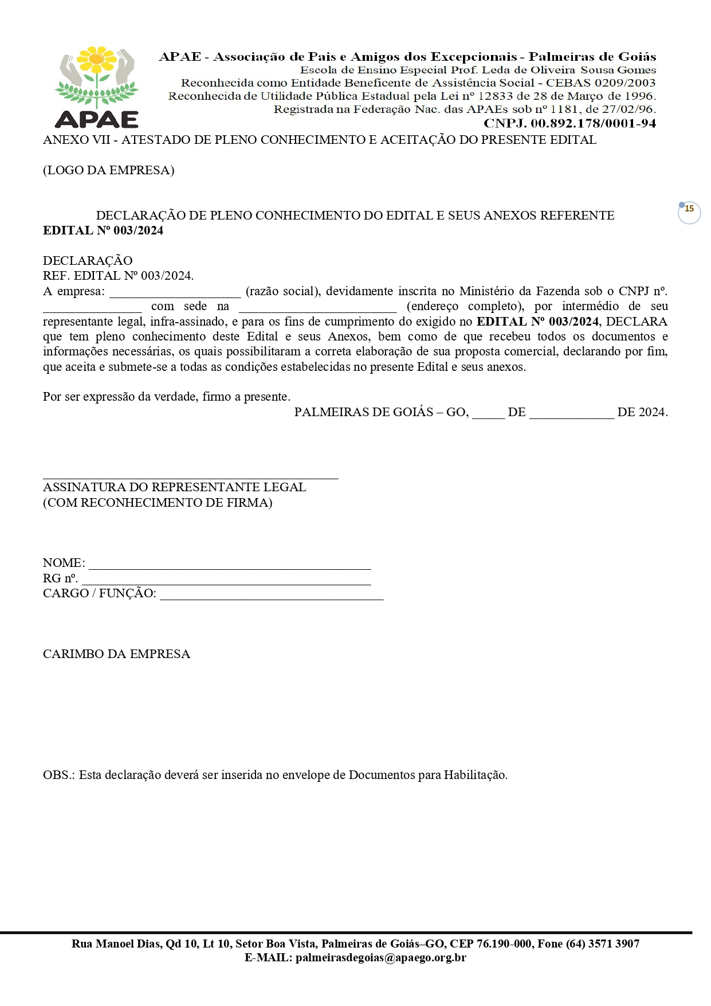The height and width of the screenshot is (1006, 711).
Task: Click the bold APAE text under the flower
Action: point(97,119)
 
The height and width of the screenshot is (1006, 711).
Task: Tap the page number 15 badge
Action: point(689,209)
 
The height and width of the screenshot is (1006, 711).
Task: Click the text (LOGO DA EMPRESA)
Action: point(109,170)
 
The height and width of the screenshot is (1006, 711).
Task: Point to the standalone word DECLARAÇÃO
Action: point(88,261)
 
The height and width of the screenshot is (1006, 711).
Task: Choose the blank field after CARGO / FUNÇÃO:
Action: point(271,595)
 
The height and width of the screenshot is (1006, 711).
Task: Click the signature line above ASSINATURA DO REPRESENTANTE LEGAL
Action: point(190,476)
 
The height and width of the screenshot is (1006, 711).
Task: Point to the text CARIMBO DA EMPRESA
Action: point(116,654)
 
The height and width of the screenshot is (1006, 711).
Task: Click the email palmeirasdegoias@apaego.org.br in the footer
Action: point(381,958)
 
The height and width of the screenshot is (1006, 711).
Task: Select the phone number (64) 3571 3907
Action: point(603,944)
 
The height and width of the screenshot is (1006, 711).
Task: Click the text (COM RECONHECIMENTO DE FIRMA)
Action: point(158,503)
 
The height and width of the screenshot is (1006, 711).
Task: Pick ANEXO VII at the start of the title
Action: point(76,140)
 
